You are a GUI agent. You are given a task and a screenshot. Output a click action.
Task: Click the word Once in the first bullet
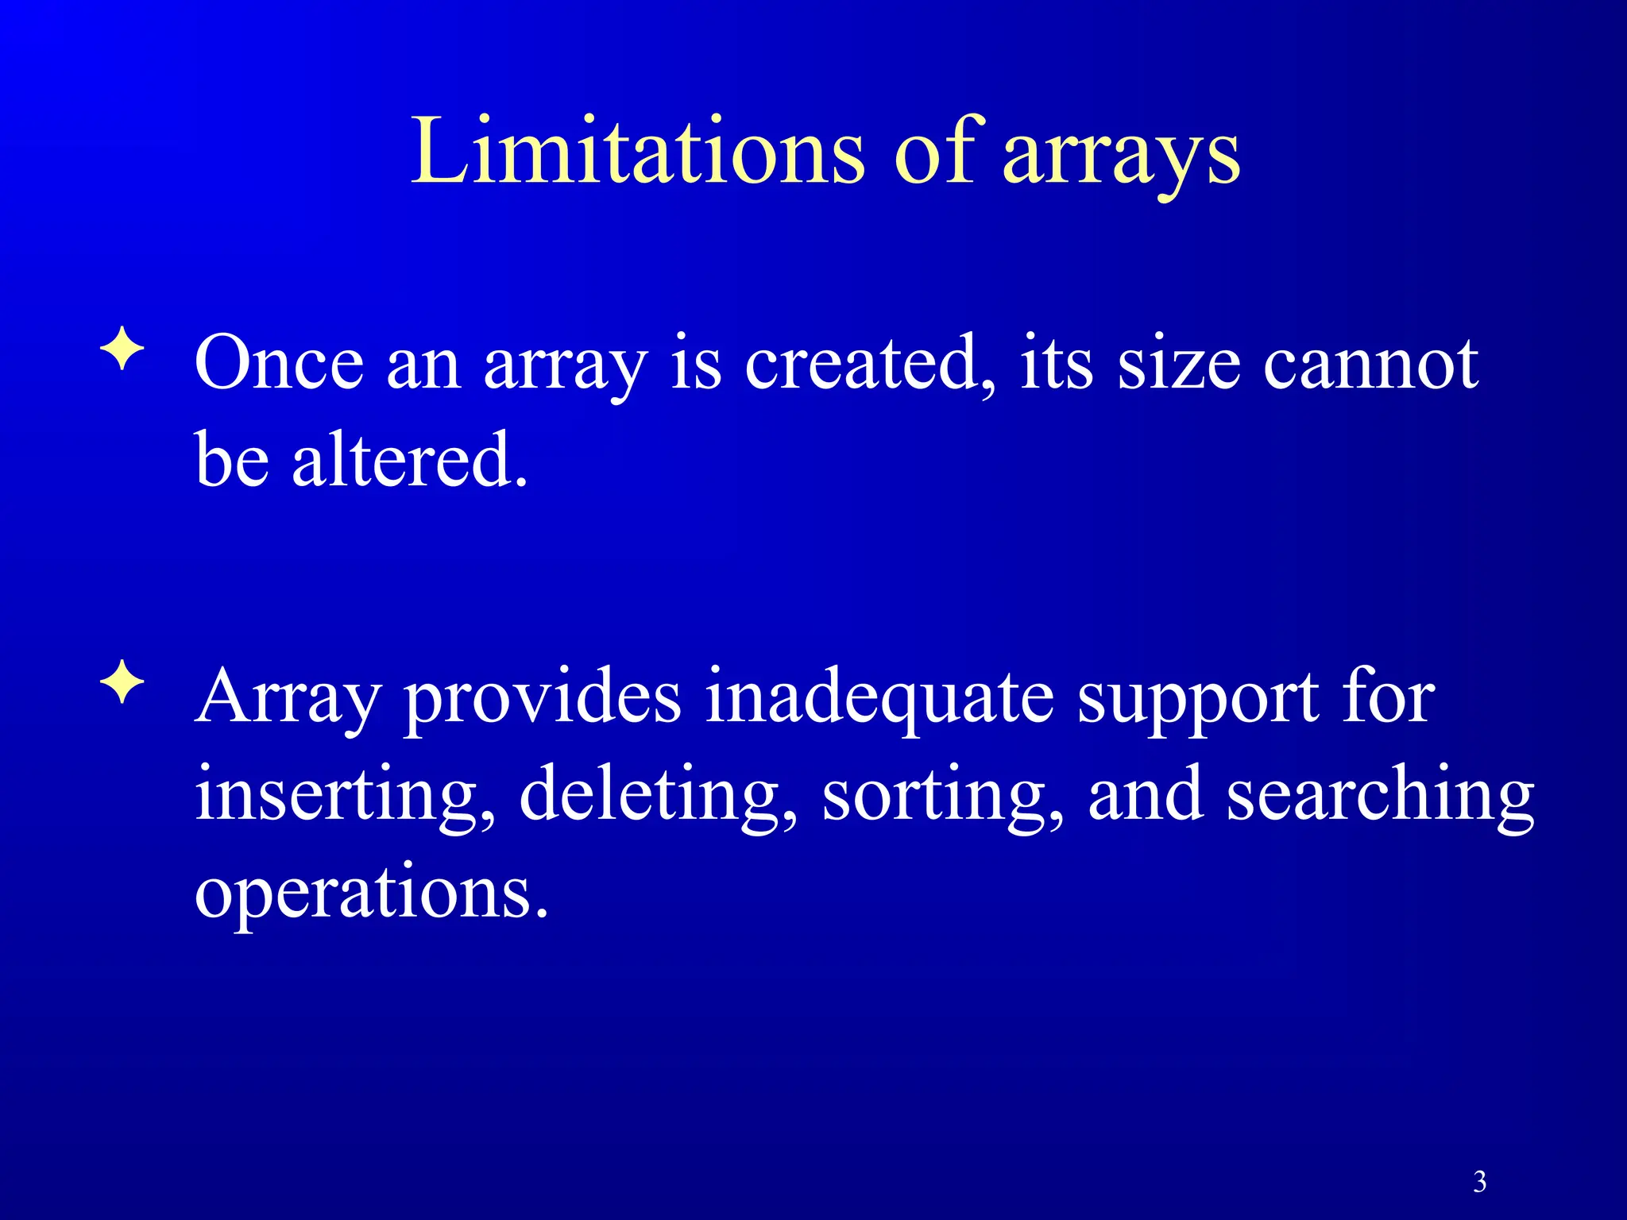coord(279,363)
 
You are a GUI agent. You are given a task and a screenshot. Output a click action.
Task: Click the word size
coord(1178,363)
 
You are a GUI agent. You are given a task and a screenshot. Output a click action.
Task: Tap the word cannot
coord(1370,363)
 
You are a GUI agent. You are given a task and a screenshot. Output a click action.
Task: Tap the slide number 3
coord(1479,1182)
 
